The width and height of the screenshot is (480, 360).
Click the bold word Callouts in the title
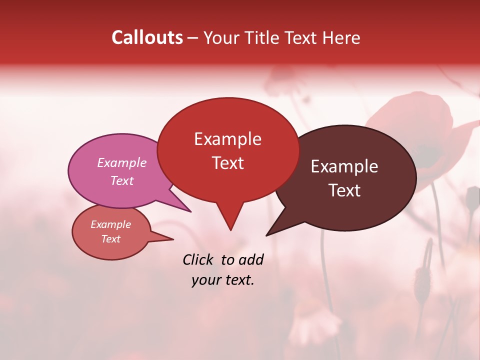pos(147,37)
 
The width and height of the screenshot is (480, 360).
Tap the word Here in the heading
pos(341,37)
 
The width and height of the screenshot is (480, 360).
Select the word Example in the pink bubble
pos(122,162)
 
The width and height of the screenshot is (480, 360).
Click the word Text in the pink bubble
pos(122,180)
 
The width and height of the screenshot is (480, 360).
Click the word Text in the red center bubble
pos(228,162)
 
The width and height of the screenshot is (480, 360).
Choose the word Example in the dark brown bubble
pos(344,166)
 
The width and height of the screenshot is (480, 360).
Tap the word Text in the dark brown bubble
pos(345,190)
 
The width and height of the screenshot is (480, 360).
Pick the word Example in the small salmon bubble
pos(111,224)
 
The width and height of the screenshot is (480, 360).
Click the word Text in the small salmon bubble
pos(111,239)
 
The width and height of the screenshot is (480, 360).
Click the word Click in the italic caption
pos(199,259)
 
